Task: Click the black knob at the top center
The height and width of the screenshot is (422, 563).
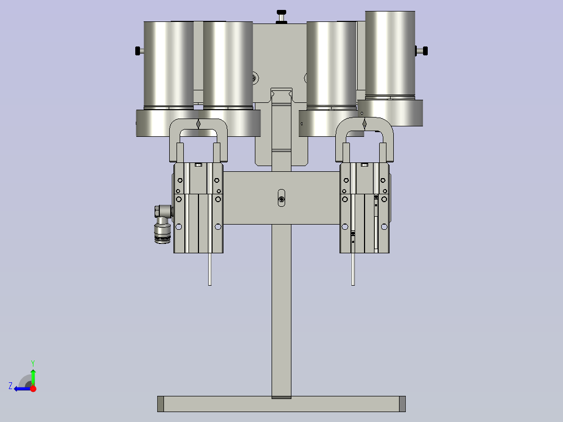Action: point(282,13)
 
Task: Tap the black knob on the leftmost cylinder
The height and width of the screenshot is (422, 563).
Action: point(138,51)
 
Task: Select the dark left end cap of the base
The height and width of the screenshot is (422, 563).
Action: point(160,403)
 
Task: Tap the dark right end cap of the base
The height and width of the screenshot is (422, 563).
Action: point(402,403)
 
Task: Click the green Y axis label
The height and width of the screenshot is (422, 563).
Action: point(32,362)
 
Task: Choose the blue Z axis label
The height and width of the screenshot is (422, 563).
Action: point(10,386)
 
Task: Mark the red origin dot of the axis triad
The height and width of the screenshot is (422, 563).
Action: point(33,388)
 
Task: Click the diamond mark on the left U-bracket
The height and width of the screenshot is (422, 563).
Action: point(198,124)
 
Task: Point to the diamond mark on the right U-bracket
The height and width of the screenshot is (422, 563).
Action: point(365,124)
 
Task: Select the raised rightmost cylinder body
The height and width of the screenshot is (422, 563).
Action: point(390,52)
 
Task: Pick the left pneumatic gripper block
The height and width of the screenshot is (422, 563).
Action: point(198,209)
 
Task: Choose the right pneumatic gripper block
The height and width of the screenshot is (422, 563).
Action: point(365,209)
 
